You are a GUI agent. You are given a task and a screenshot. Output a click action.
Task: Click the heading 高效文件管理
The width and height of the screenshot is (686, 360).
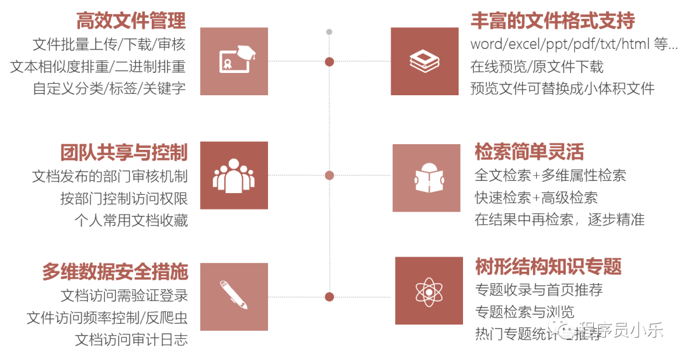[131, 20]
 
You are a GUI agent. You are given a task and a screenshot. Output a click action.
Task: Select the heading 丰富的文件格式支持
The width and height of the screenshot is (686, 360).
[553, 20]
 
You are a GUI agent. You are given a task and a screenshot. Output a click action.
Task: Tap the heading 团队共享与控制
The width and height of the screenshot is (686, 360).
[124, 152]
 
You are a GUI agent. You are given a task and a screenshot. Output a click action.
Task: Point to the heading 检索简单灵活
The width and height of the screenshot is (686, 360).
[529, 152]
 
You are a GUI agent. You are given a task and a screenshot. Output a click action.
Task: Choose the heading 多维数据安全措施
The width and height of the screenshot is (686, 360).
[115, 272]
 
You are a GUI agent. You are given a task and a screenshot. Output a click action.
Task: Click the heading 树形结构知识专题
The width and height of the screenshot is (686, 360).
[548, 266]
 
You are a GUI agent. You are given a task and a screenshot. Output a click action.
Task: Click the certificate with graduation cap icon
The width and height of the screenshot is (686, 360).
[234, 62]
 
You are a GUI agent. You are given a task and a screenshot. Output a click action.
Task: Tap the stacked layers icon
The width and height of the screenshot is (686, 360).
[424, 62]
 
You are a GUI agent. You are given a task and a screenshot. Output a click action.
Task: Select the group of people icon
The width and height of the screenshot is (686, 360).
[234, 175]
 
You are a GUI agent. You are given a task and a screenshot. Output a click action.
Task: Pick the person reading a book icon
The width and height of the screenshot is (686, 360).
[426, 178]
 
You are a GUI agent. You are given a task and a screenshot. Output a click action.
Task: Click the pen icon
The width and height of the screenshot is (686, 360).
[234, 296]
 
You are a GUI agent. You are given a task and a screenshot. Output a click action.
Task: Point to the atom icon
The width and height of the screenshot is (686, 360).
[429, 291]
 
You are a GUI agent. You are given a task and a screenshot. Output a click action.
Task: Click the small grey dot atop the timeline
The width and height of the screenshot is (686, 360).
[329, 31]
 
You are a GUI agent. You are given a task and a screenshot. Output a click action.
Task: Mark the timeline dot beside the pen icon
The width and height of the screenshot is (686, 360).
[329, 297]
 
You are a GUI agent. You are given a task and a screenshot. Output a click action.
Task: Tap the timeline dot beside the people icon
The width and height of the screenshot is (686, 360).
[329, 175]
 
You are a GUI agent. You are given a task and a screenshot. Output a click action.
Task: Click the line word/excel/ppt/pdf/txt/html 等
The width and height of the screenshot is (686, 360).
[570, 44]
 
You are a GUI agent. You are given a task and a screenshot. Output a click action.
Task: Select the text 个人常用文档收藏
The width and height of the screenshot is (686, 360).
[131, 220]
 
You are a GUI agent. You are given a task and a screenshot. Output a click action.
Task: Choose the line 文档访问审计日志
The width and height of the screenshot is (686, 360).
[131, 340]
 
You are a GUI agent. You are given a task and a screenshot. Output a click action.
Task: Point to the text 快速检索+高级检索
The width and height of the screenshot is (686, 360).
[536, 198]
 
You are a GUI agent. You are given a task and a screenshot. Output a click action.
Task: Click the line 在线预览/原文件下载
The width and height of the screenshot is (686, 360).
[537, 67]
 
